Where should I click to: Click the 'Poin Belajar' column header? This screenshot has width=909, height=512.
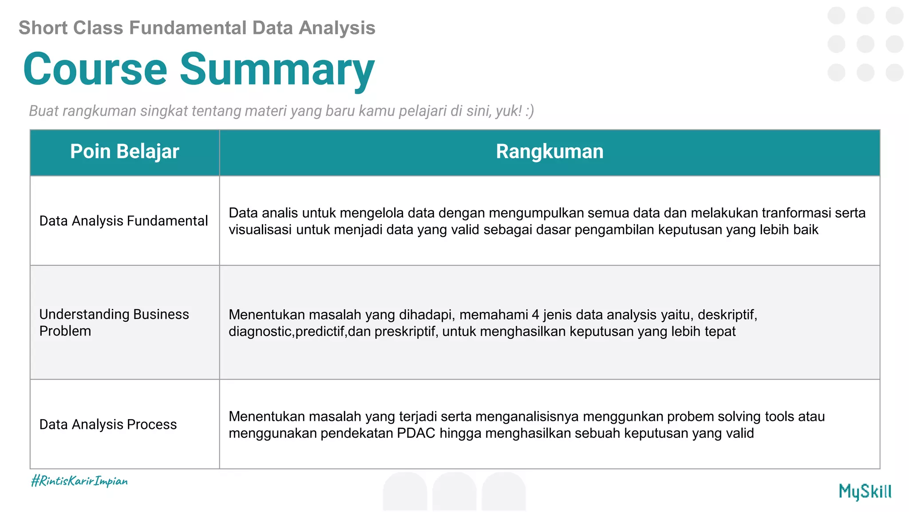pos(124,152)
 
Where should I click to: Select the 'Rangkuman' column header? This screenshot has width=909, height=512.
pos(549,152)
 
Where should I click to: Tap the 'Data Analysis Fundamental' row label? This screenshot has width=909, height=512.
pos(123,221)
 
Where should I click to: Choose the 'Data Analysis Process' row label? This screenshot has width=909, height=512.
pos(108,424)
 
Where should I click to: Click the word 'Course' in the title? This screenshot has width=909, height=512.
pos(95,69)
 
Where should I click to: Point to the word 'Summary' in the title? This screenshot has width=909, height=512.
pos(277,69)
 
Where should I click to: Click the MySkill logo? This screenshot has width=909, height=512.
pos(865,492)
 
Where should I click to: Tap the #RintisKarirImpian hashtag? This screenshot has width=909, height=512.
pos(79,481)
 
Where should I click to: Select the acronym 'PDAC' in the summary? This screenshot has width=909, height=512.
pos(416,433)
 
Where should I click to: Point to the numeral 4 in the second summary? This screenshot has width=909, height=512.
pos(535,315)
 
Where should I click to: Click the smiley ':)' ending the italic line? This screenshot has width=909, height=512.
pos(529,111)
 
